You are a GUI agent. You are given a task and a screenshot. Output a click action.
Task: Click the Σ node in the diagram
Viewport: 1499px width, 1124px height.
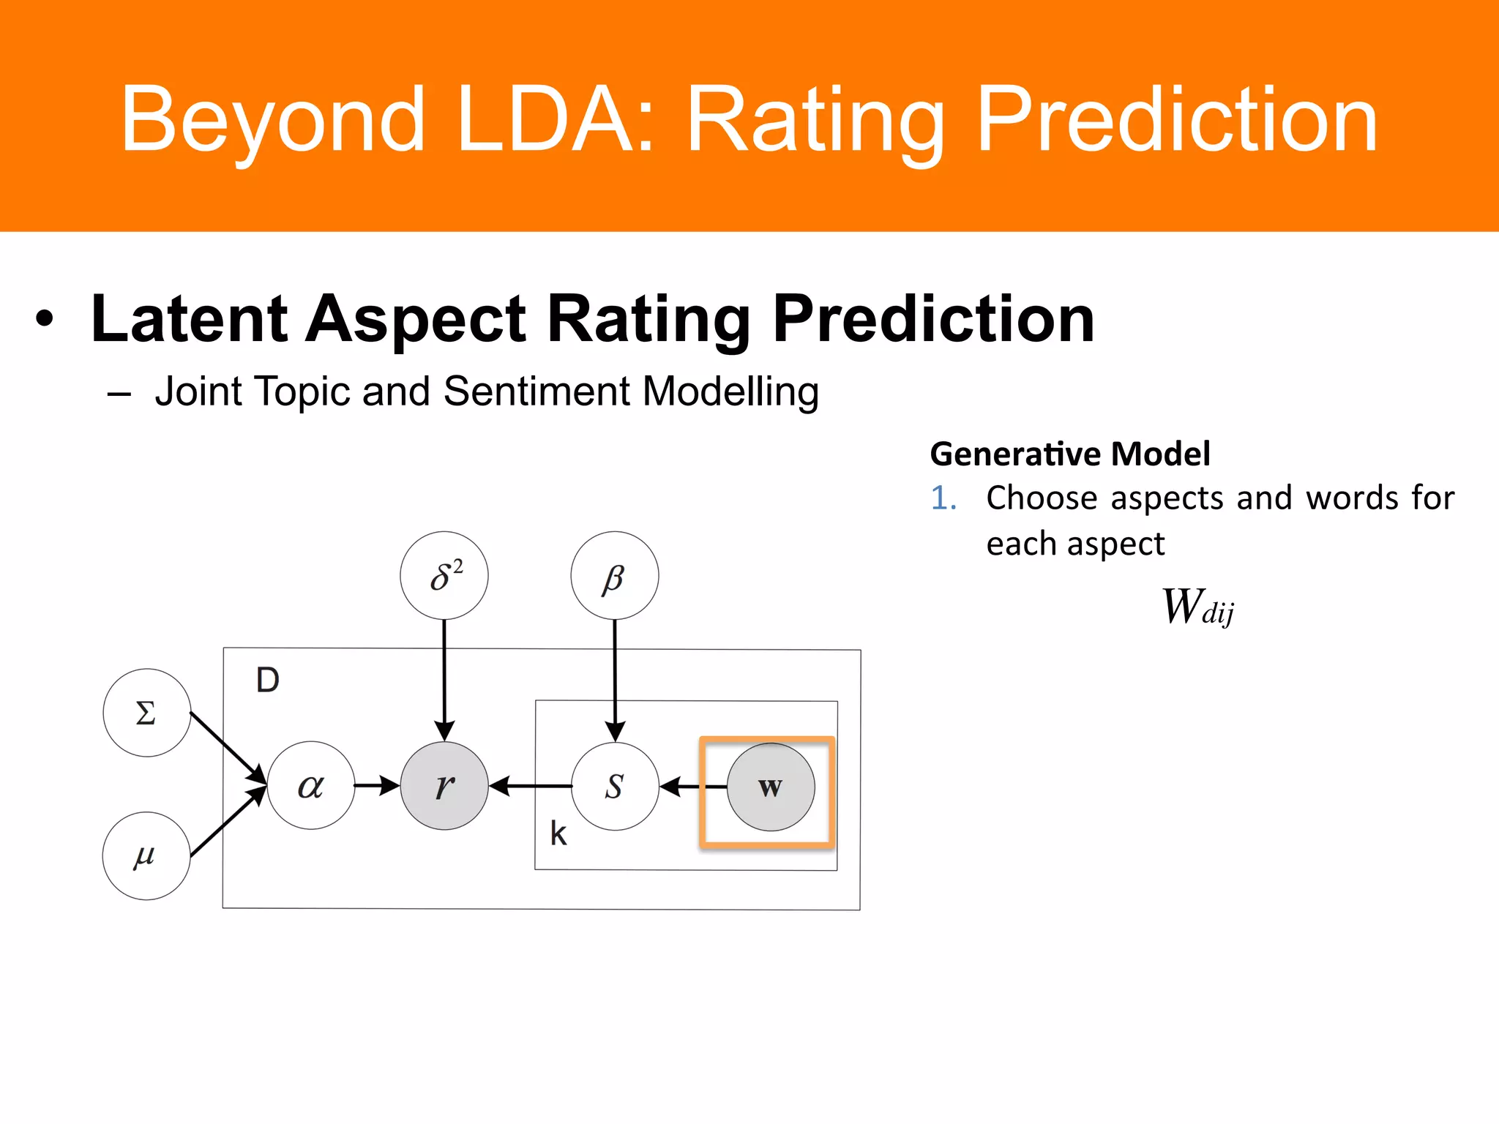(146, 712)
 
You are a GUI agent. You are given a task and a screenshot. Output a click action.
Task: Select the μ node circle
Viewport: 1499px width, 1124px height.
(146, 855)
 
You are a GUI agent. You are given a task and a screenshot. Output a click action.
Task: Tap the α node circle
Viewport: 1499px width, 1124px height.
(311, 785)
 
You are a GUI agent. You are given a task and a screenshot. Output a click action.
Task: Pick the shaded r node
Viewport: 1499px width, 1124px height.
(444, 785)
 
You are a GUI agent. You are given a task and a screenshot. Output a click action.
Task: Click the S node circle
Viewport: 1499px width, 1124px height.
(615, 786)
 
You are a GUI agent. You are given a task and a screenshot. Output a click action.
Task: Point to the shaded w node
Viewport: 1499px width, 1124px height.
(770, 787)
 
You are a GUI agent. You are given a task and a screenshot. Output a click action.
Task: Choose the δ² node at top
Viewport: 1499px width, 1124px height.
(444, 575)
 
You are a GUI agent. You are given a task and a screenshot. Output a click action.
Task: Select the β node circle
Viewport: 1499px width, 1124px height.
(614, 575)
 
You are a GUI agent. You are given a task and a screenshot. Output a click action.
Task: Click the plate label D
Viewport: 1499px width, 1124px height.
(267, 680)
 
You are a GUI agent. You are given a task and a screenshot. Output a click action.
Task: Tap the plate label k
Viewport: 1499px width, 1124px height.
(558, 833)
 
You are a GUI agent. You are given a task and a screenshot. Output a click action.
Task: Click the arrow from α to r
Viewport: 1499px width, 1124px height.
(376, 785)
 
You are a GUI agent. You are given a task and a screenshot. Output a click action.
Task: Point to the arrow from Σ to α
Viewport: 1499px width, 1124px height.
(227, 746)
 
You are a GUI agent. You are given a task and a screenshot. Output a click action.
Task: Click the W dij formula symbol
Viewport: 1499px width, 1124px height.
(1197, 607)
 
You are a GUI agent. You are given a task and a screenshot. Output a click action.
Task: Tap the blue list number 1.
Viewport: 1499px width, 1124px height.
(943, 498)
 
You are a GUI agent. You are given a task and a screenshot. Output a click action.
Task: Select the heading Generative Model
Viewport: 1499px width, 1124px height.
(1069, 454)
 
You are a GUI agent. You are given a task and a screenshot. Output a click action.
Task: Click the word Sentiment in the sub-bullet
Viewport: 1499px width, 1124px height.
(536, 391)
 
